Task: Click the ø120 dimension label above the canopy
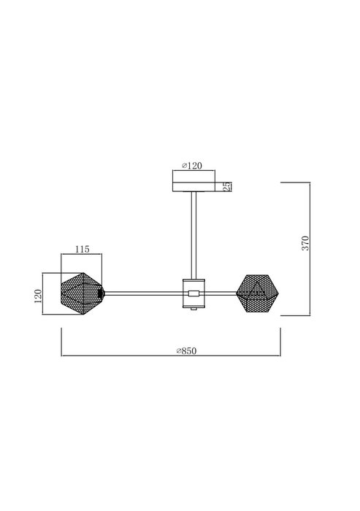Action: coord(192,166)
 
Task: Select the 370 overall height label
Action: coord(305,243)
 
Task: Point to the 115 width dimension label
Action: coord(83,250)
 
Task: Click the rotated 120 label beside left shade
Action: coord(38,296)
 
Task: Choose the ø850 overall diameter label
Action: coord(186,351)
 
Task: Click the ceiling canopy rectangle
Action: coord(194,187)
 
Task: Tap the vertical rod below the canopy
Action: coord(194,235)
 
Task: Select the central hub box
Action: coord(194,293)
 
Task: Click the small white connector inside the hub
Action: coord(194,293)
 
